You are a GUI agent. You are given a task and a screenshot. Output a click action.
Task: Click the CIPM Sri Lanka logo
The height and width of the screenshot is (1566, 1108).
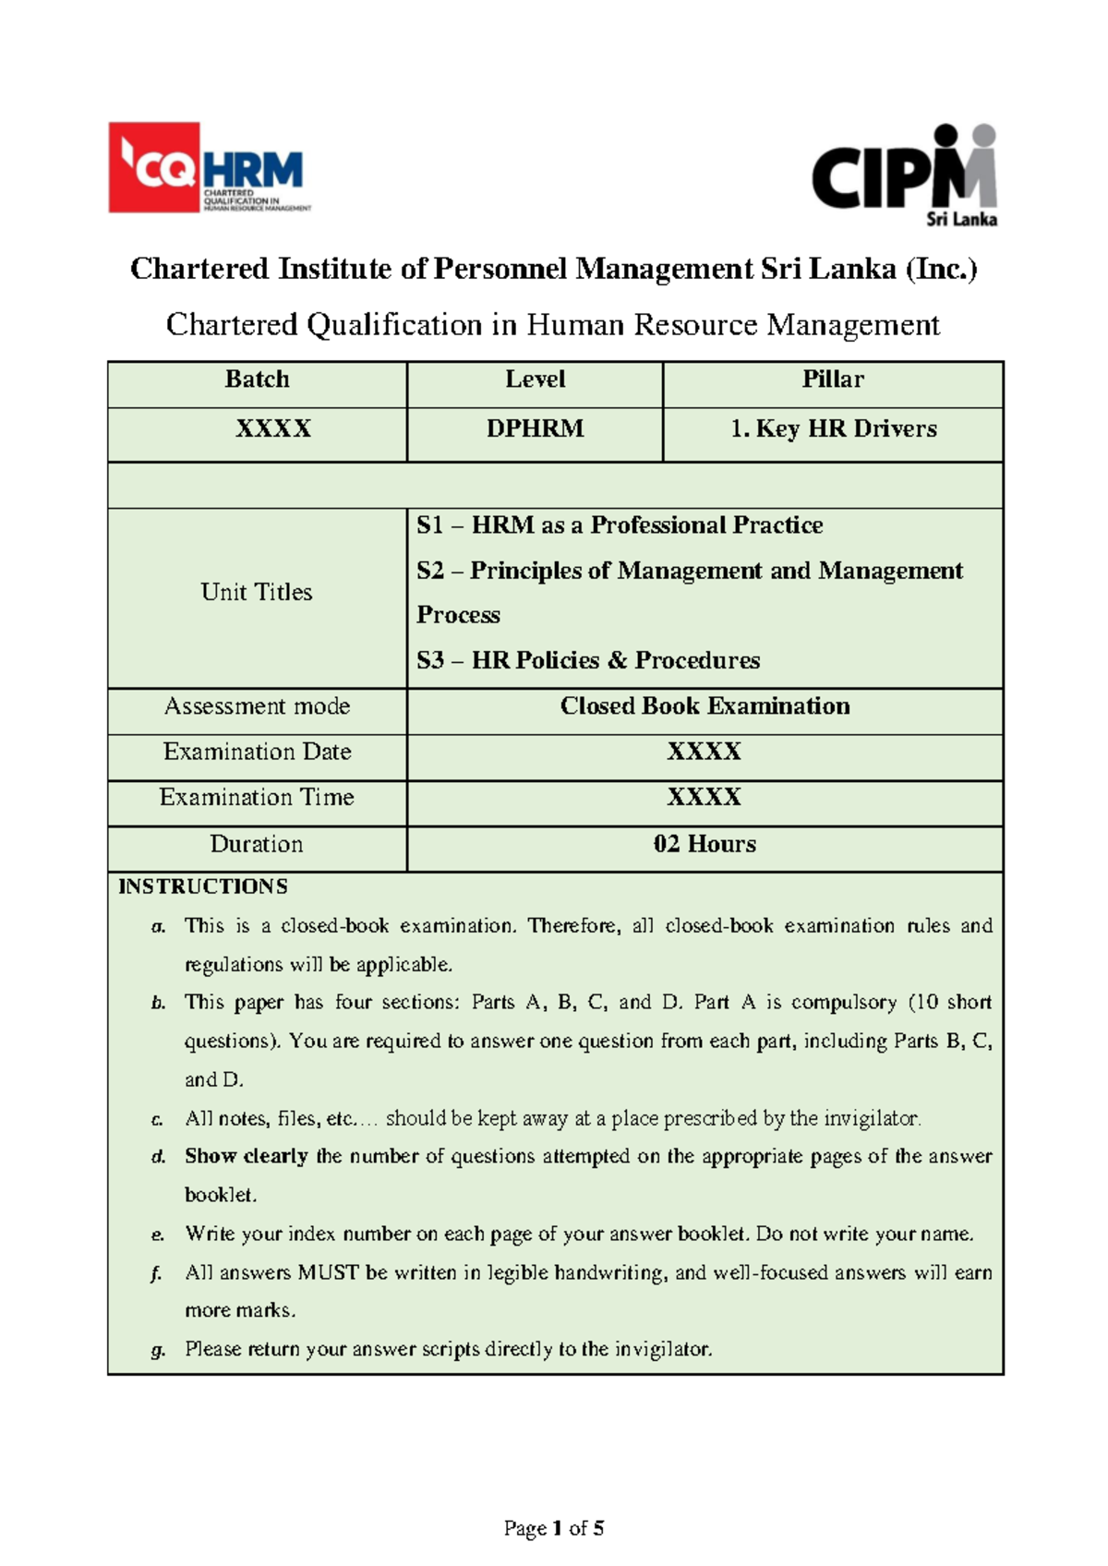(905, 175)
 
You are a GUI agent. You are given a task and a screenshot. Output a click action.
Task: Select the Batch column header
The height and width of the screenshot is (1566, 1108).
(257, 379)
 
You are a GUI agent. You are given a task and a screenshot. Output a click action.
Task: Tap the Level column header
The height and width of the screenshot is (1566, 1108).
(535, 379)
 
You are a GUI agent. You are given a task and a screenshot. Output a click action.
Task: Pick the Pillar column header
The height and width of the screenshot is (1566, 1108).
(833, 379)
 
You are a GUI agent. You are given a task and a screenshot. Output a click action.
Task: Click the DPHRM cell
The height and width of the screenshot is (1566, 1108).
(535, 429)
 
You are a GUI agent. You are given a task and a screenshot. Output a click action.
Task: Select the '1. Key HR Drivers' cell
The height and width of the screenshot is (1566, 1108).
(833, 429)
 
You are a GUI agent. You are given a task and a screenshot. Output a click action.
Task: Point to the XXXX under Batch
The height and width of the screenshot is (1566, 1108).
(273, 429)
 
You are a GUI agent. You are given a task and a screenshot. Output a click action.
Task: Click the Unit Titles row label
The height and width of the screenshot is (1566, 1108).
(257, 592)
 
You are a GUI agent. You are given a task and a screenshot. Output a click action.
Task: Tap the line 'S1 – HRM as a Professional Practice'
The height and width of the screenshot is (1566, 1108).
(619, 525)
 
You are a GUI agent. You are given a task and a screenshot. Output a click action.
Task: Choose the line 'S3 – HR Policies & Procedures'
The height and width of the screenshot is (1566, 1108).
(588, 660)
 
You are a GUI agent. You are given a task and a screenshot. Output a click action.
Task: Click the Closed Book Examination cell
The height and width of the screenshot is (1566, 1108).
(705, 706)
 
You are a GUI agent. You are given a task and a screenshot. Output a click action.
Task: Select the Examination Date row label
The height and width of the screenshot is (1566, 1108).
(257, 752)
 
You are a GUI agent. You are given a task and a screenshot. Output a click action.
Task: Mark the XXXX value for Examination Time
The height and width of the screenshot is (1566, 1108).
(705, 797)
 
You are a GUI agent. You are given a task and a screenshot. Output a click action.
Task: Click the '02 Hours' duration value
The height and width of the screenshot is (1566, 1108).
(705, 844)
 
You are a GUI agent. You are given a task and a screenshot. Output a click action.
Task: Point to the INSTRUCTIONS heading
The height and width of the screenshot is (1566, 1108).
(203, 886)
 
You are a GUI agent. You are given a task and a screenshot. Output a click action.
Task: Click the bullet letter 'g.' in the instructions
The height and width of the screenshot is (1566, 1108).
(158, 1350)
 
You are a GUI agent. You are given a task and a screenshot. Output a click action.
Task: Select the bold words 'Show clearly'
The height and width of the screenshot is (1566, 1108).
(246, 1156)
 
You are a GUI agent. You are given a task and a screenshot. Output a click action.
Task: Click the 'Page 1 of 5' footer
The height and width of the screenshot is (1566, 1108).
(554, 1528)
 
